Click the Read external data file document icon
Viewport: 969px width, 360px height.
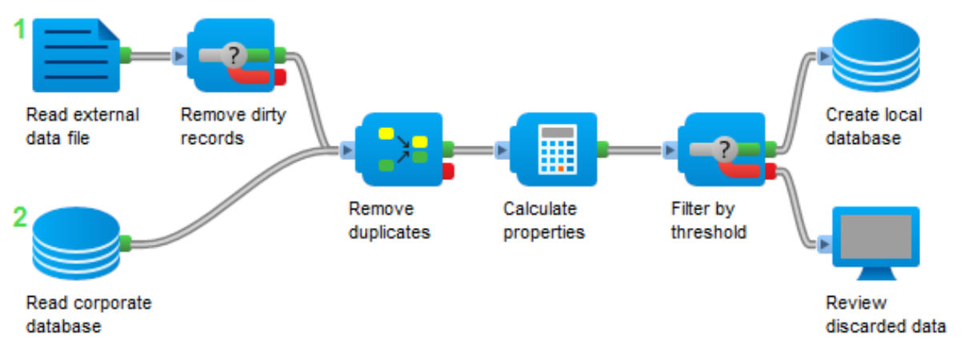pos(76,55)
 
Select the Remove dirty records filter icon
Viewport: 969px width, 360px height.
pos(231,55)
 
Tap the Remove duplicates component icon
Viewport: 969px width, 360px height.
pos(398,150)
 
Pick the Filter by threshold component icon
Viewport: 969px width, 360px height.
pos(722,150)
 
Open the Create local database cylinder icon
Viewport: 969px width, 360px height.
pos(876,55)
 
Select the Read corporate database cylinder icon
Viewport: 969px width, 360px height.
pos(76,244)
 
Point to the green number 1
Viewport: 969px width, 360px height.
pos(19,30)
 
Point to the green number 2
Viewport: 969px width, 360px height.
pos(20,218)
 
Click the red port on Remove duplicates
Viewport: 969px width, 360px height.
pos(448,171)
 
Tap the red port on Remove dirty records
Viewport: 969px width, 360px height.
pos(280,77)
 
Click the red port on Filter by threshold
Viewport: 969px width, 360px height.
pos(771,171)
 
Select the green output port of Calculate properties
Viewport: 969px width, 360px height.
pos(603,150)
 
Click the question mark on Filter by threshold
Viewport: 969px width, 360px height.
pos(725,150)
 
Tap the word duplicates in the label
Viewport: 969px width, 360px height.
pos(390,232)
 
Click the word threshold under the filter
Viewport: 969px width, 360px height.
pos(709,232)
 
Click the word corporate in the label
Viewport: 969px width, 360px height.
pos(113,304)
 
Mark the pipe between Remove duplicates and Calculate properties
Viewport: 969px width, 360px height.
pos(474,150)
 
